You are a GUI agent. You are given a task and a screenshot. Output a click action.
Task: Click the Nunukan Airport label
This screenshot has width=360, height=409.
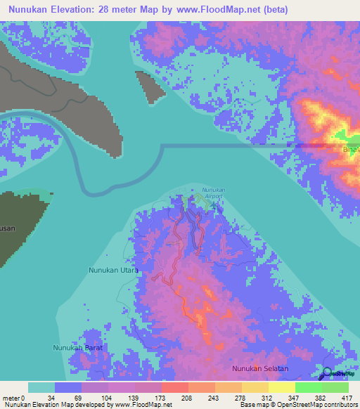[x=212, y=193]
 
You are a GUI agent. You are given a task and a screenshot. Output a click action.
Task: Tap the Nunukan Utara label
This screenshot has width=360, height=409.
[x=112, y=270]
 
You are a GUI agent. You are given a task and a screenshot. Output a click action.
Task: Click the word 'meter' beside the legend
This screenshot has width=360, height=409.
[x=11, y=397]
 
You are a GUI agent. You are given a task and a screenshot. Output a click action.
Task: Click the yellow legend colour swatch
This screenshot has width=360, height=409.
[x=282, y=387]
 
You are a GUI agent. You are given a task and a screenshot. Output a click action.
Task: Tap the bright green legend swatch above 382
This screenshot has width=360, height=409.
[x=309, y=387]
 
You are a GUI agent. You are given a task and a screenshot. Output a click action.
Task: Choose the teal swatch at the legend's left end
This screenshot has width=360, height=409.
[x=41, y=387]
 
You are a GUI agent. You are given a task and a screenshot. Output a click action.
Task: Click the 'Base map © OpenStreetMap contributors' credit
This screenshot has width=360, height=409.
[x=296, y=405]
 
